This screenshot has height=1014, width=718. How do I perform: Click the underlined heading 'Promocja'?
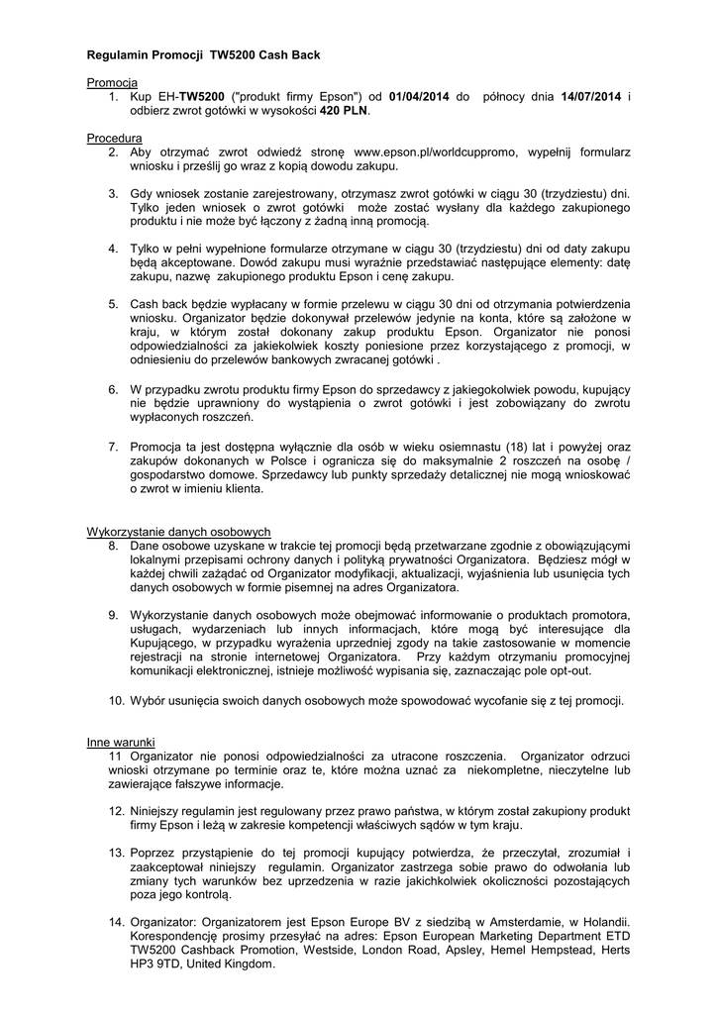tap(112, 81)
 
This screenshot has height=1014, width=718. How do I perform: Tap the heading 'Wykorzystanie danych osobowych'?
tap(179, 531)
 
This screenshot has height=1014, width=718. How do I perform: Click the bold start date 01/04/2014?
tap(423, 95)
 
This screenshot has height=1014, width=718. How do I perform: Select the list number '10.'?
tap(116, 701)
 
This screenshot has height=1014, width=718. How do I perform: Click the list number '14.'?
tap(116, 921)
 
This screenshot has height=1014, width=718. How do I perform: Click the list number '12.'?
tap(116, 810)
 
